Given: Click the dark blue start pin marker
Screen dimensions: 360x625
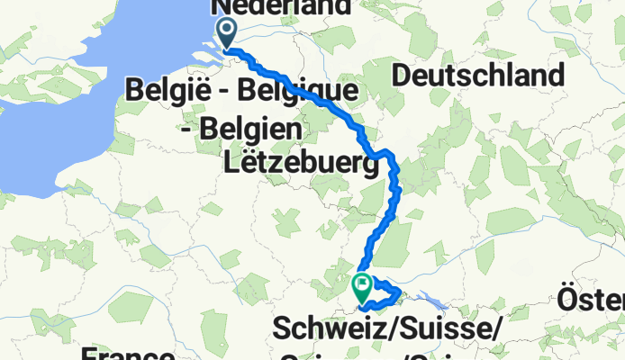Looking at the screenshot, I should coord(226,34).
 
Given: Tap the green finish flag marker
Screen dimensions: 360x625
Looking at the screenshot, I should coord(362,287).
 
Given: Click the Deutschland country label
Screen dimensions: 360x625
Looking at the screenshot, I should coord(489,75).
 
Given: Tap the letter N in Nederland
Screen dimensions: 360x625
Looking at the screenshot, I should coord(222,7).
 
